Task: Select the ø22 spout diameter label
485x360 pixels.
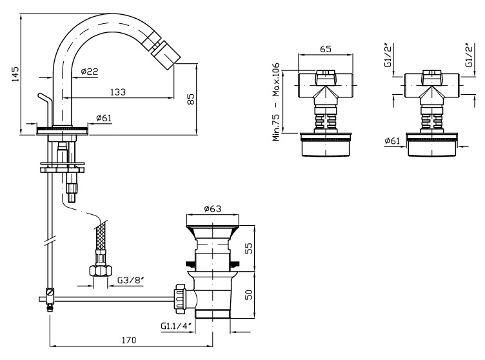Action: coord(90,72)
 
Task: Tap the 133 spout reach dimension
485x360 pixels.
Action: coord(117,92)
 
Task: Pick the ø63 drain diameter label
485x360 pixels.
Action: coord(213,209)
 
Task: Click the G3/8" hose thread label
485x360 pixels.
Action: coord(130,281)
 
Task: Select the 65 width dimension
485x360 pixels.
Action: coord(326,49)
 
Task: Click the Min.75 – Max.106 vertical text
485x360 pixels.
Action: coord(276,101)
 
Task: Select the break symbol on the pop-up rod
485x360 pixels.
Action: coord(49,245)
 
